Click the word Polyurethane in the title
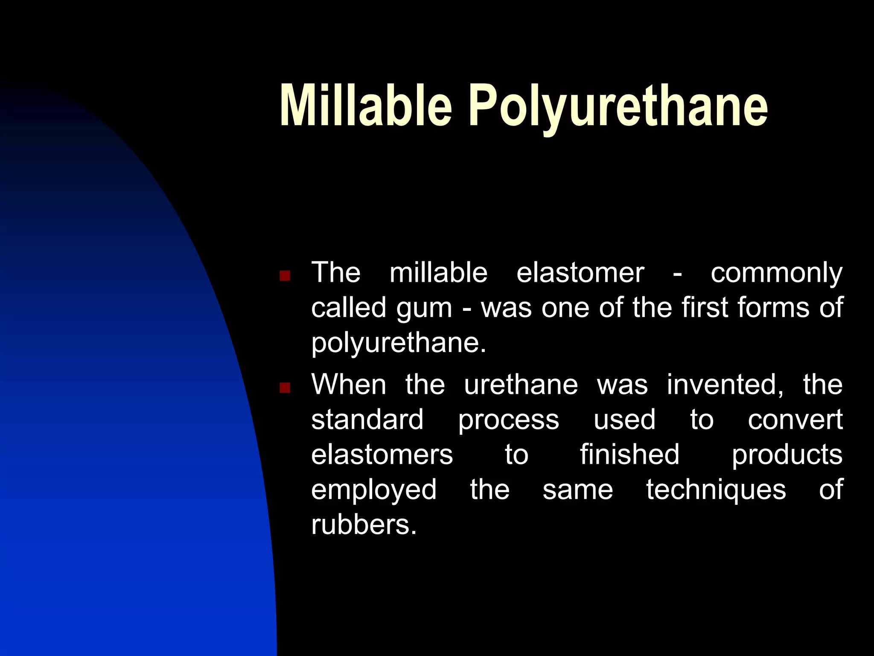point(618,107)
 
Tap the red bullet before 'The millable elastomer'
point(285,275)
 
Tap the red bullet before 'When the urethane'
point(285,387)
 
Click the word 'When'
point(349,384)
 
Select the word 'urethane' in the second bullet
point(521,384)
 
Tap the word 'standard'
point(367,419)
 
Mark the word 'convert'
point(795,419)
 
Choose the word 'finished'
point(629,454)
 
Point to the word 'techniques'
point(716,490)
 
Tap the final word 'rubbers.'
point(364,524)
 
